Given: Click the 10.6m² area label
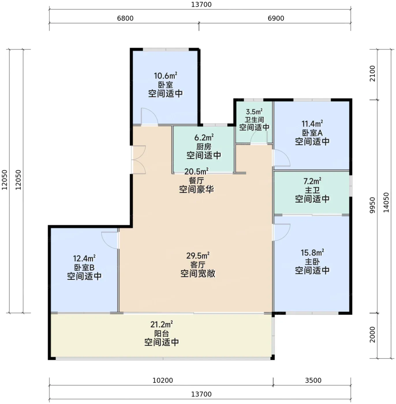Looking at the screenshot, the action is pos(165,76).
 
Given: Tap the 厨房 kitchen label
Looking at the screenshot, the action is pos(204,147).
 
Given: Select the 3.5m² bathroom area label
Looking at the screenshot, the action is pos(254,112).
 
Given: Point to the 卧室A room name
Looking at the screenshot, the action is pos(312,133).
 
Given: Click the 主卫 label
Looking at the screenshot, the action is pos(312,190).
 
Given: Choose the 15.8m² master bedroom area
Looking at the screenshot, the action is pos(312,253).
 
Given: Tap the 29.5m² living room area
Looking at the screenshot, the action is pos(198,256).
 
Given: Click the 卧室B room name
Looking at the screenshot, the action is pos(84,268).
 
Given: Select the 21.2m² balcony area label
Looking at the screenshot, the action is pos(162,324).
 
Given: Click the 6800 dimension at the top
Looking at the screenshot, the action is pos(125,18).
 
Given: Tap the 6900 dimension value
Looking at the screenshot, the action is pos(276,18).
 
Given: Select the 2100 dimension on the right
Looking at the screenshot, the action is pos(372,73).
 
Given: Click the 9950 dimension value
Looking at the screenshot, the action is pos(372,205).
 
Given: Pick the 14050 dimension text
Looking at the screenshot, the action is pos(386,202).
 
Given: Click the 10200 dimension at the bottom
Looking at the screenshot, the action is pos(162,380).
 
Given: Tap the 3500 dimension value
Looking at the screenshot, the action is pos(313,380).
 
